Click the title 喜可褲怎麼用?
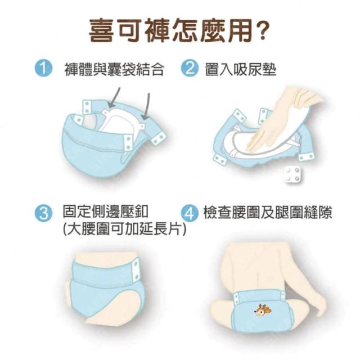click(178, 30)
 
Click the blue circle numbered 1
click(43, 68)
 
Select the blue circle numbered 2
click(190, 68)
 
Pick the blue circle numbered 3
click(43, 213)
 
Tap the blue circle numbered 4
click(190, 213)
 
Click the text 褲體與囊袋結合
click(114, 69)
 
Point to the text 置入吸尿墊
click(241, 69)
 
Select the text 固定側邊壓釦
click(106, 211)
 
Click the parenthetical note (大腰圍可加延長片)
click(124, 229)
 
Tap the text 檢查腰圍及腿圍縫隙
click(268, 213)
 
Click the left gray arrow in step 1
click(114, 97)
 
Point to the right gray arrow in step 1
click(146, 106)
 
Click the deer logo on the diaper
click(263, 310)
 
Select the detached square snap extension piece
click(292, 175)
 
